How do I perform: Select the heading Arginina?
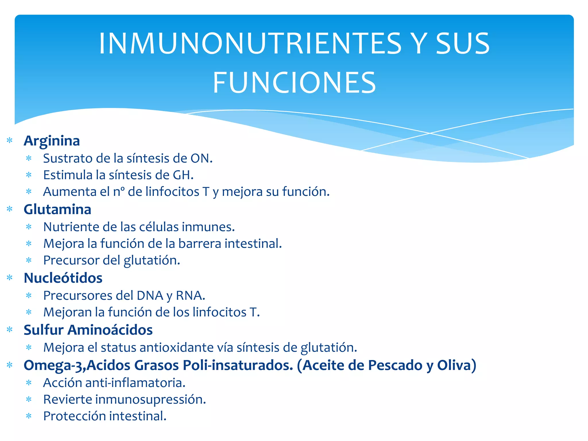click(52, 141)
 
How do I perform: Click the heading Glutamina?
click(57, 209)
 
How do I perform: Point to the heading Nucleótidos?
click(63, 278)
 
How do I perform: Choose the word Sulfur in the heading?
click(43, 330)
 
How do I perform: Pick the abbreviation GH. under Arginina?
click(183, 175)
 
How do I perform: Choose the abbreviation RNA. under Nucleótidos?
click(190, 296)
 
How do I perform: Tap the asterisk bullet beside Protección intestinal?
click(29, 416)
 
